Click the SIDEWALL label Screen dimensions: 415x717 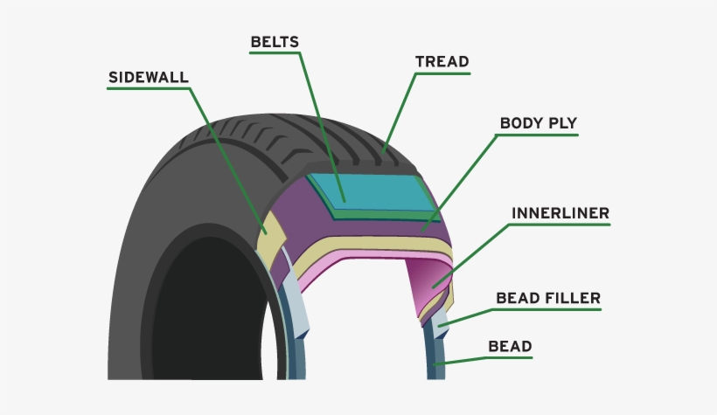(148, 76)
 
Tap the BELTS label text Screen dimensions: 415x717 (275, 42)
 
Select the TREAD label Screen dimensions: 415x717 (442, 62)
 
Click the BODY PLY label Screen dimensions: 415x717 (538, 123)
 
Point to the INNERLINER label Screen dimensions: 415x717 (560, 213)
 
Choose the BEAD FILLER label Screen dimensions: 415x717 (548, 299)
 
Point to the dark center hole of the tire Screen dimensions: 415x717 (205, 315)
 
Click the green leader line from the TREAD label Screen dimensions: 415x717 (398, 109)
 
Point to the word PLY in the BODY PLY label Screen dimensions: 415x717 (562, 123)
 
